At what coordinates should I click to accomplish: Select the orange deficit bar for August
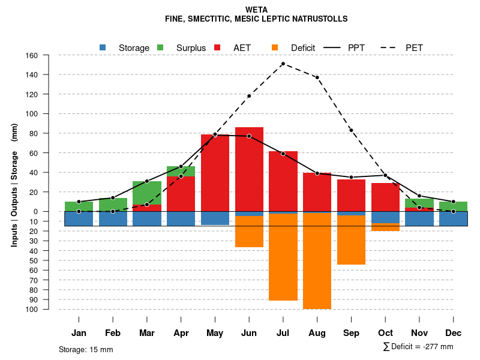[317, 261]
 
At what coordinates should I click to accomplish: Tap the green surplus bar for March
[146, 193]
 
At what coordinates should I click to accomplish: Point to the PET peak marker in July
[283, 64]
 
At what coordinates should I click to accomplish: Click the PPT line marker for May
[215, 135]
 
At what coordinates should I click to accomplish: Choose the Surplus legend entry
[182, 48]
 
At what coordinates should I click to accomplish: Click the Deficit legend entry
[294, 48]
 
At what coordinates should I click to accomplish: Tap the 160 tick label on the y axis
[32, 55]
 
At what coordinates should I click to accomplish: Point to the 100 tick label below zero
[32, 309]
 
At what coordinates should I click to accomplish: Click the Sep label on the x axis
[351, 333]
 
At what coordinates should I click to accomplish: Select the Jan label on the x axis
[79, 333]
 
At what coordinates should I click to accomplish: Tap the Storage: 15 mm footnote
[86, 349]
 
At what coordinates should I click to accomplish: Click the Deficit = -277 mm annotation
[418, 346]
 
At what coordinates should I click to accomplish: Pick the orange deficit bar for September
[351, 240]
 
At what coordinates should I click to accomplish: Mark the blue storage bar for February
[113, 218]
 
